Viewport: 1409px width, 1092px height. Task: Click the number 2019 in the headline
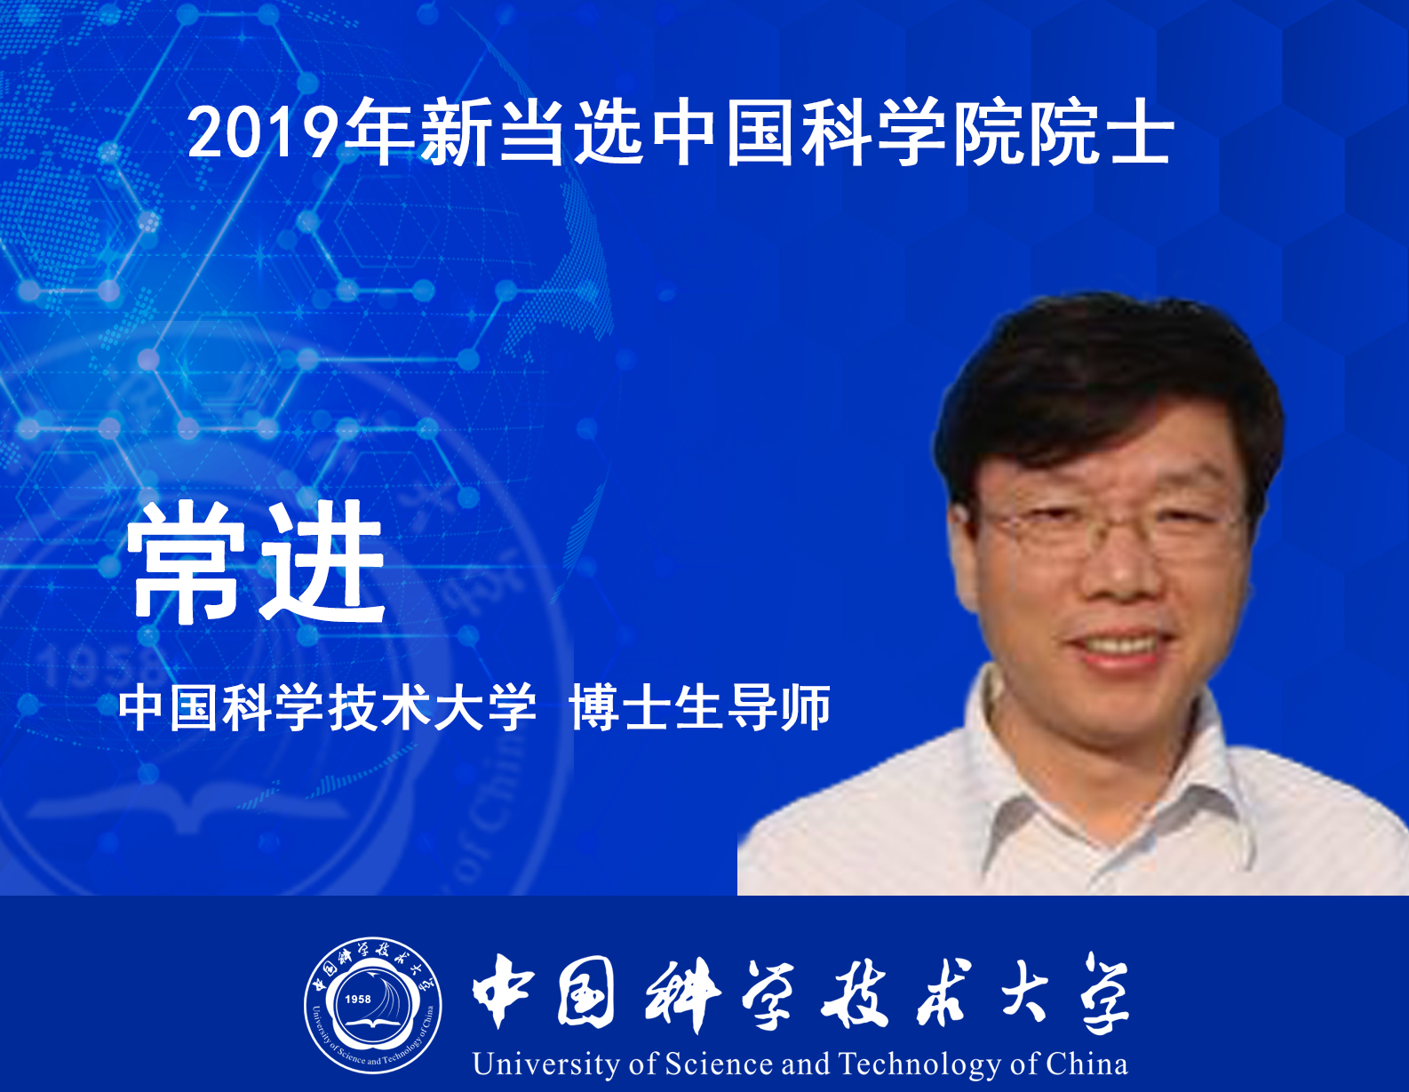[x=264, y=132]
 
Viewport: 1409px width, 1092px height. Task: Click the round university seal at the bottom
[x=373, y=1006]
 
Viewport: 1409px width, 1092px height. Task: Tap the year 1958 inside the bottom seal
[x=358, y=1000]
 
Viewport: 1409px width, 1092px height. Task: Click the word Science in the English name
[x=719, y=1064]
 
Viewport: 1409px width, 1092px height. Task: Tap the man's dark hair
[x=1103, y=376]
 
